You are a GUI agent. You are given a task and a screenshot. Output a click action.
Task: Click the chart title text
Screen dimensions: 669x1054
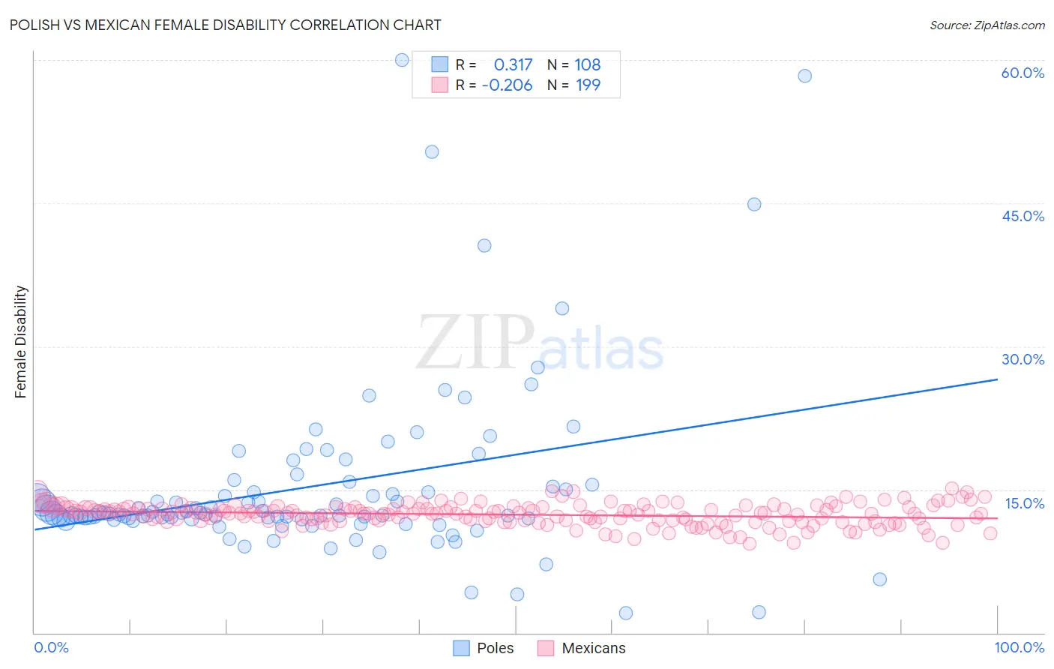[x=225, y=25]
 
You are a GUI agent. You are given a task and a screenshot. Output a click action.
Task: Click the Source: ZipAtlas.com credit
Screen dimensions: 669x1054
[x=987, y=25]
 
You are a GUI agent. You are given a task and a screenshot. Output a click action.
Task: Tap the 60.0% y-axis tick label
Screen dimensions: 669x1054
[x=1023, y=73]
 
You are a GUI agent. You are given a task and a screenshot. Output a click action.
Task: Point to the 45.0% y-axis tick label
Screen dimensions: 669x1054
[x=1023, y=216]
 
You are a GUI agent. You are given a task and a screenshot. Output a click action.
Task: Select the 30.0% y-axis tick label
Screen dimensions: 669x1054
[x=1023, y=359]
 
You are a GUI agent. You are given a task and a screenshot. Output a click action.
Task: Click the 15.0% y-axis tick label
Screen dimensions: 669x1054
[x=1024, y=503]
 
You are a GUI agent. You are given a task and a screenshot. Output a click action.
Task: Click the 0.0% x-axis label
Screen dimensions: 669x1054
[x=51, y=647]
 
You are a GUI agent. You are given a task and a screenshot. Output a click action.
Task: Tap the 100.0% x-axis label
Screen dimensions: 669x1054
[x=1019, y=647]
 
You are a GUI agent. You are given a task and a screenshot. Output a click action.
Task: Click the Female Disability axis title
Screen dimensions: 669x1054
[x=21, y=341]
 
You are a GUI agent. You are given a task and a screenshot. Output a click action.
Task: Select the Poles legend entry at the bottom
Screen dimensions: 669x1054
[x=484, y=648]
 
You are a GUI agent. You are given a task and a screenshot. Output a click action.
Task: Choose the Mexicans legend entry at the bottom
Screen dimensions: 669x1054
[x=582, y=648]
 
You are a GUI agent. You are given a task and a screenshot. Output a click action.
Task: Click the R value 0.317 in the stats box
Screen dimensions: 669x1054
[x=513, y=65]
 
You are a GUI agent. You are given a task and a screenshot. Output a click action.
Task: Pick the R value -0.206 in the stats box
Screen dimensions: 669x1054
[x=507, y=85]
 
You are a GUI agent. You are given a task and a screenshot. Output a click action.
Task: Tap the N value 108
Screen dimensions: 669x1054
[x=588, y=65]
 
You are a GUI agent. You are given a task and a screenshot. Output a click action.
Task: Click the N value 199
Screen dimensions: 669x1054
[x=588, y=85]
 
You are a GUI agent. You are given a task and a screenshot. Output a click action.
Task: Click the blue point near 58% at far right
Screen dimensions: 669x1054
[x=804, y=76]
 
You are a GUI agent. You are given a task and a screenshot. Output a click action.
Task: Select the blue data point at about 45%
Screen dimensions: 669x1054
[x=754, y=204]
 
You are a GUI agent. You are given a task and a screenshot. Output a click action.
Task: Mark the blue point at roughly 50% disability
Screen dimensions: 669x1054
[x=432, y=151]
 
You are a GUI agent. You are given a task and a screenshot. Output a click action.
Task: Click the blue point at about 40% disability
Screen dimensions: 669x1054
[x=484, y=245]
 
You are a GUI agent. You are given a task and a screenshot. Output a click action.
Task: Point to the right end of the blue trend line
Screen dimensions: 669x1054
[x=997, y=379]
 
